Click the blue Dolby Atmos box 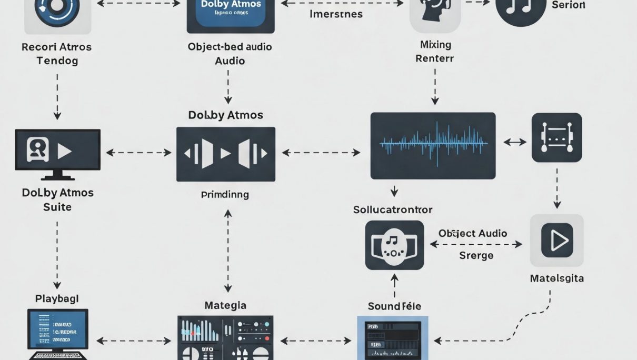point(231,14)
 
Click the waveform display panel point(433,145)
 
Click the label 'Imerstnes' point(335,14)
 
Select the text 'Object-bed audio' point(230,47)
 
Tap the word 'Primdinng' point(225,194)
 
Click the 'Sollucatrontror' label point(393,209)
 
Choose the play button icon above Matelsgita point(556,240)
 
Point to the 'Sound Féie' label point(394,306)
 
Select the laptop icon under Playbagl point(57,335)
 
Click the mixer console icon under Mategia point(225,337)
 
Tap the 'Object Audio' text point(472,233)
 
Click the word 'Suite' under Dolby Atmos point(57,207)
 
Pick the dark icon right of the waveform point(556,137)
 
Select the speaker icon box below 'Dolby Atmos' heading point(225,154)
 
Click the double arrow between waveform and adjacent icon point(515,142)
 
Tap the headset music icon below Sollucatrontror point(394,245)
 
